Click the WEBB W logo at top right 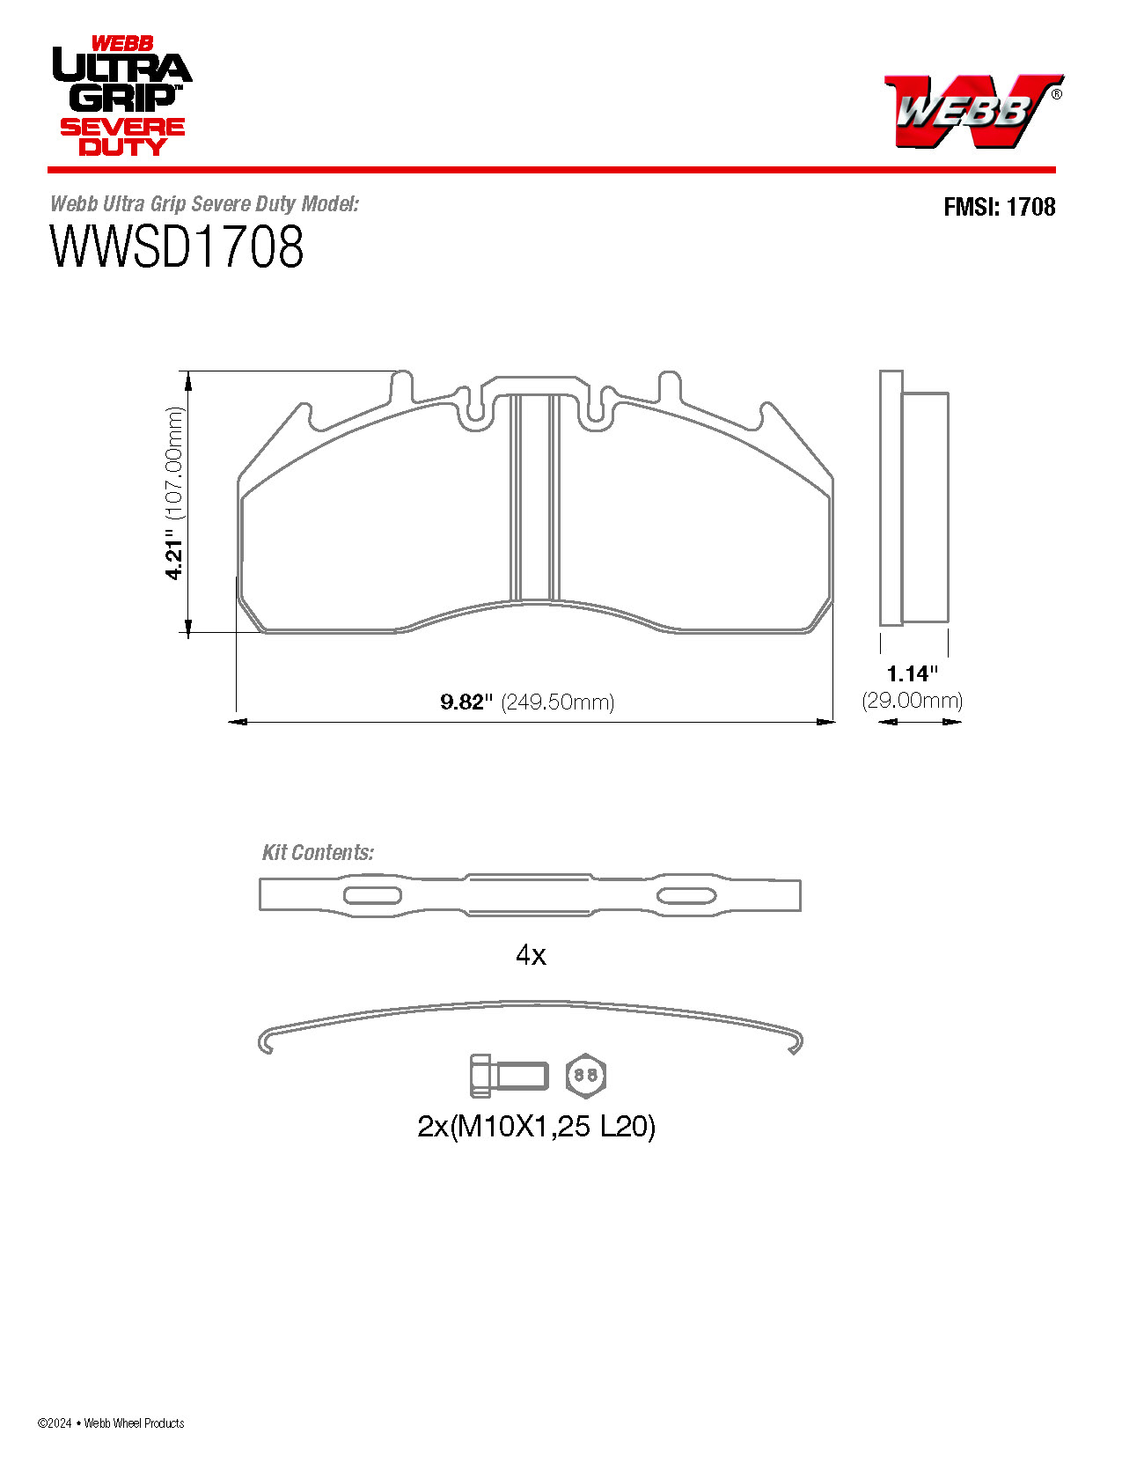tap(972, 110)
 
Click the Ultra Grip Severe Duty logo tap(121, 97)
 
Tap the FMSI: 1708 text tap(999, 207)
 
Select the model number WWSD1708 tap(177, 247)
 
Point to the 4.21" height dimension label tap(175, 559)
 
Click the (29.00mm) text tap(913, 701)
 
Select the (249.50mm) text tap(557, 702)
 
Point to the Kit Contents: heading tap(318, 852)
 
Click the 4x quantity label tap(531, 954)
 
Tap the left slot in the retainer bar tap(371, 895)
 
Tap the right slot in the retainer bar tap(686, 895)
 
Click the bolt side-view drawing tap(508, 1076)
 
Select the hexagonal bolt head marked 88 tap(586, 1075)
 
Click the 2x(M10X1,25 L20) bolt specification tap(536, 1126)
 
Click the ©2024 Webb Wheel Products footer tap(111, 1423)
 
